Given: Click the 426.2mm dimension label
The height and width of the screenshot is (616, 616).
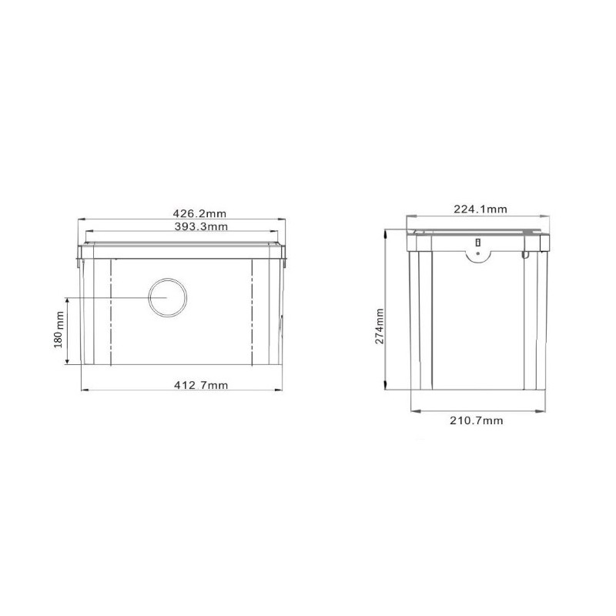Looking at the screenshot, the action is tap(199, 213).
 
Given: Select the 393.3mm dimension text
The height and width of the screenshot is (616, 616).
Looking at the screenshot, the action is tap(200, 226).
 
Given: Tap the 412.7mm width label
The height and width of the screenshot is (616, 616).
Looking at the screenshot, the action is tap(201, 385).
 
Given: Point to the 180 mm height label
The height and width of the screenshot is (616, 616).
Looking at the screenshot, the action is tap(59, 330).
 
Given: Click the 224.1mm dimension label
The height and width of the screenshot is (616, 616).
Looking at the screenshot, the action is tap(480, 209).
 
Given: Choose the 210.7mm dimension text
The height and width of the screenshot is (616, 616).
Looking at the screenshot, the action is tap(476, 420).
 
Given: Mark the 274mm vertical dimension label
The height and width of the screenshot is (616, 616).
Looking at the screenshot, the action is tap(379, 326).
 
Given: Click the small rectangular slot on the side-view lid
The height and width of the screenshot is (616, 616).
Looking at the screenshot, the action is tap(478, 243).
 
